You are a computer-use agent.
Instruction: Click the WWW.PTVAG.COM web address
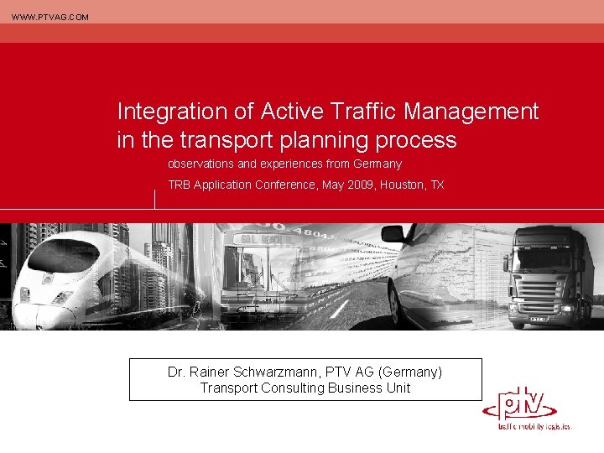[x=49, y=17]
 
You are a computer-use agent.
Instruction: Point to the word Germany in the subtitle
[x=377, y=164]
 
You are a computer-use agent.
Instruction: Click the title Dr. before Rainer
[x=176, y=372]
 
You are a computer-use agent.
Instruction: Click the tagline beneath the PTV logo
[x=534, y=426]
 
